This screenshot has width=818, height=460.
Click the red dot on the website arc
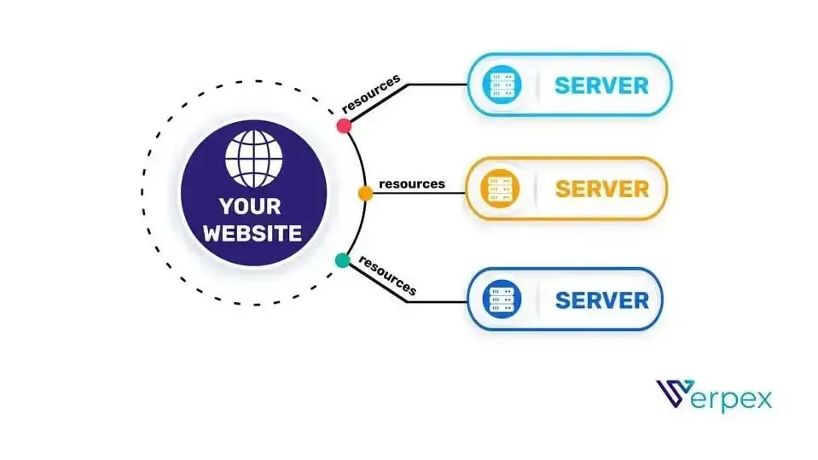click(344, 125)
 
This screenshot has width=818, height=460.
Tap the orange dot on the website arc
click(365, 194)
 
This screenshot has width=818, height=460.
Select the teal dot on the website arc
click(342, 260)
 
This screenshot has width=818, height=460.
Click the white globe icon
click(253, 158)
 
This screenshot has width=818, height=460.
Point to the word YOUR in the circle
click(251, 207)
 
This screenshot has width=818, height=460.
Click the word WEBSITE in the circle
click(252, 233)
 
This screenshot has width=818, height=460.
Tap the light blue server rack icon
click(502, 84)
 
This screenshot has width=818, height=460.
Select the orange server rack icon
click(500, 189)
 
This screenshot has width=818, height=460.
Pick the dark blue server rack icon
click(502, 300)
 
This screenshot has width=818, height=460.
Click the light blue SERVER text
click(601, 85)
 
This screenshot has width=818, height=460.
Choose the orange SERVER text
click(602, 189)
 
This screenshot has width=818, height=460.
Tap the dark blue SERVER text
click(602, 300)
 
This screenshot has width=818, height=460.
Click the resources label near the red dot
click(371, 94)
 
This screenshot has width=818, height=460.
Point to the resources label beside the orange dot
click(412, 183)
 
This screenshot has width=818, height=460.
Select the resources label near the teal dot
click(387, 276)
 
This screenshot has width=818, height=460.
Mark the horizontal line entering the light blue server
click(438, 84)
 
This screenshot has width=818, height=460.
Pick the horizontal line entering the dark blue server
click(438, 301)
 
